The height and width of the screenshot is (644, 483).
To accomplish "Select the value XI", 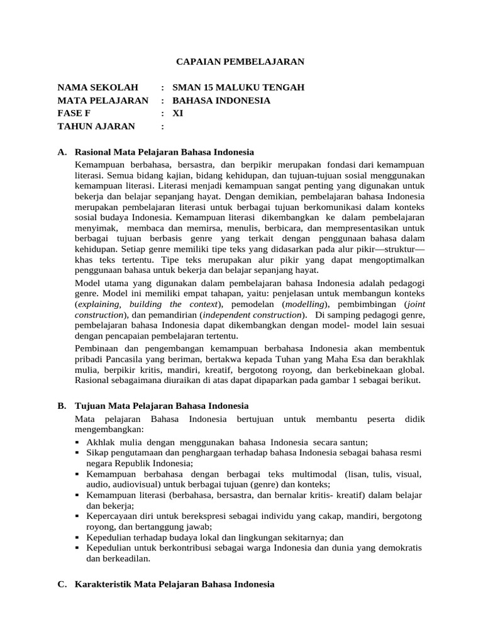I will (178, 113).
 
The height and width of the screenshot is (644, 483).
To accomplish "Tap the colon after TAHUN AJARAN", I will (163, 126).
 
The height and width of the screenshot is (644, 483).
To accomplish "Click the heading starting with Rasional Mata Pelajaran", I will (164, 152).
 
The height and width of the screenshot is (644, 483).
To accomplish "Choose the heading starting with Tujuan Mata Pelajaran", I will (162, 406).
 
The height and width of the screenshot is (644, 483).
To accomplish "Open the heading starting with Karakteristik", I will (174, 584).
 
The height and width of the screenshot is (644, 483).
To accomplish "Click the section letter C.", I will (61, 584).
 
